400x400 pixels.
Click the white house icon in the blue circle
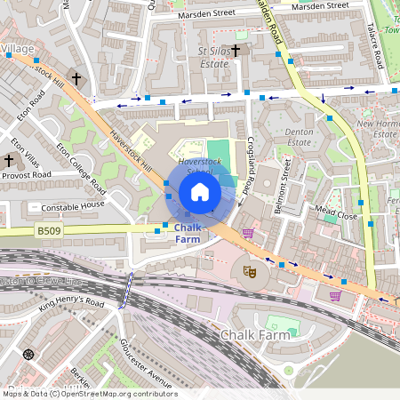pyautogui.click(x=200, y=192)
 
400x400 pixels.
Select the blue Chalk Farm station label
pyautogui.click(x=188, y=233)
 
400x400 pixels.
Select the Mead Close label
pyautogui.click(x=336, y=213)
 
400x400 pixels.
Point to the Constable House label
pyautogui.click(x=73, y=207)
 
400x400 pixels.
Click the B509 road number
pyautogui.click(x=49, y=231)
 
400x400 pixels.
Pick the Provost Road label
pyautogui.click(x=27, y=176)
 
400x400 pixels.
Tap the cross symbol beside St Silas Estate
pyautogui.click(x=236, y=50)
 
